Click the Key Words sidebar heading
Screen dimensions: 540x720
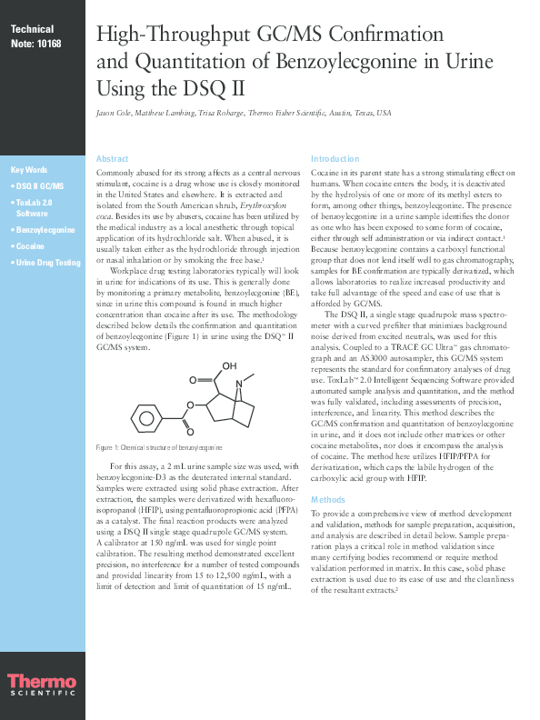click(x=29, y=170)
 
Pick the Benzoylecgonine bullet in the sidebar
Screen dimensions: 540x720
click(x=44, y=230)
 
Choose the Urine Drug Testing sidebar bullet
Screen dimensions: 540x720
click(x=47, y=263)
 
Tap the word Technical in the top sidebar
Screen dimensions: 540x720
click(x=33, y=30)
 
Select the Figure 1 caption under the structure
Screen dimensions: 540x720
click(x=159, y=449)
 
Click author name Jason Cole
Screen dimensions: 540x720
click(x=115, y=113)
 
